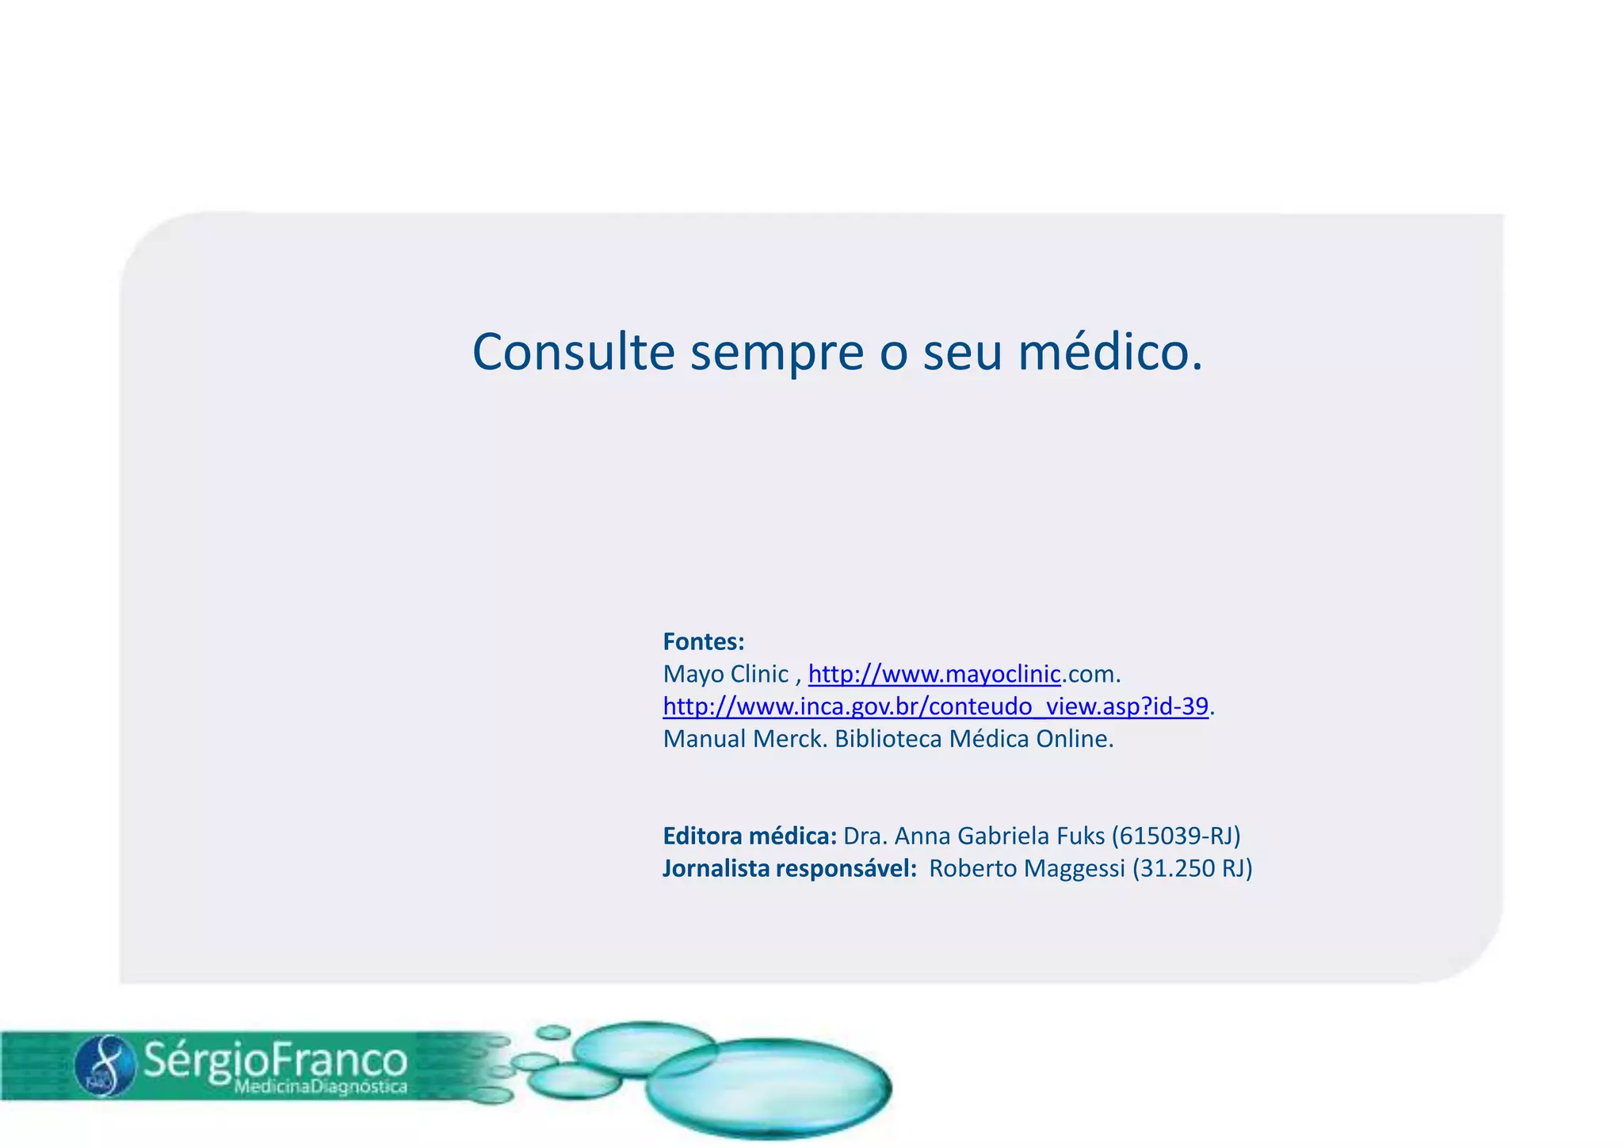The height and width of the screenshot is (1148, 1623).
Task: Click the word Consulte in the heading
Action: (573, 352)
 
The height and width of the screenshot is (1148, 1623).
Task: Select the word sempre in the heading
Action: (776, 354)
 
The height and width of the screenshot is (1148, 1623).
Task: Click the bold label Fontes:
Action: (704, 641)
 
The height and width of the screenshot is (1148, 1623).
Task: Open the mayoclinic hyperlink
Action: (934, 675)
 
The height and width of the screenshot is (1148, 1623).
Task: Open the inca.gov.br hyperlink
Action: (935, 706)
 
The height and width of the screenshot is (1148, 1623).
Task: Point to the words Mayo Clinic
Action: (725, 675)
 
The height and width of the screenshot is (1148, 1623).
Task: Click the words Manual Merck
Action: (745, 739)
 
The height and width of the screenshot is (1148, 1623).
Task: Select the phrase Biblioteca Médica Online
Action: (974, 739)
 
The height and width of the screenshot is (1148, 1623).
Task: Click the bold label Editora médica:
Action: (750, 836)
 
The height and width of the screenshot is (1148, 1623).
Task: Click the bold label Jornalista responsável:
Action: (789, 869)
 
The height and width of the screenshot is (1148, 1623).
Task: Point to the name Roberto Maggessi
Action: (1026, 869)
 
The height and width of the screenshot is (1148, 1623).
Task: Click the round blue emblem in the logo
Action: (105, 1066)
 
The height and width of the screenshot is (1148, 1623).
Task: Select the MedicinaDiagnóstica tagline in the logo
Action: (320, 1087)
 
